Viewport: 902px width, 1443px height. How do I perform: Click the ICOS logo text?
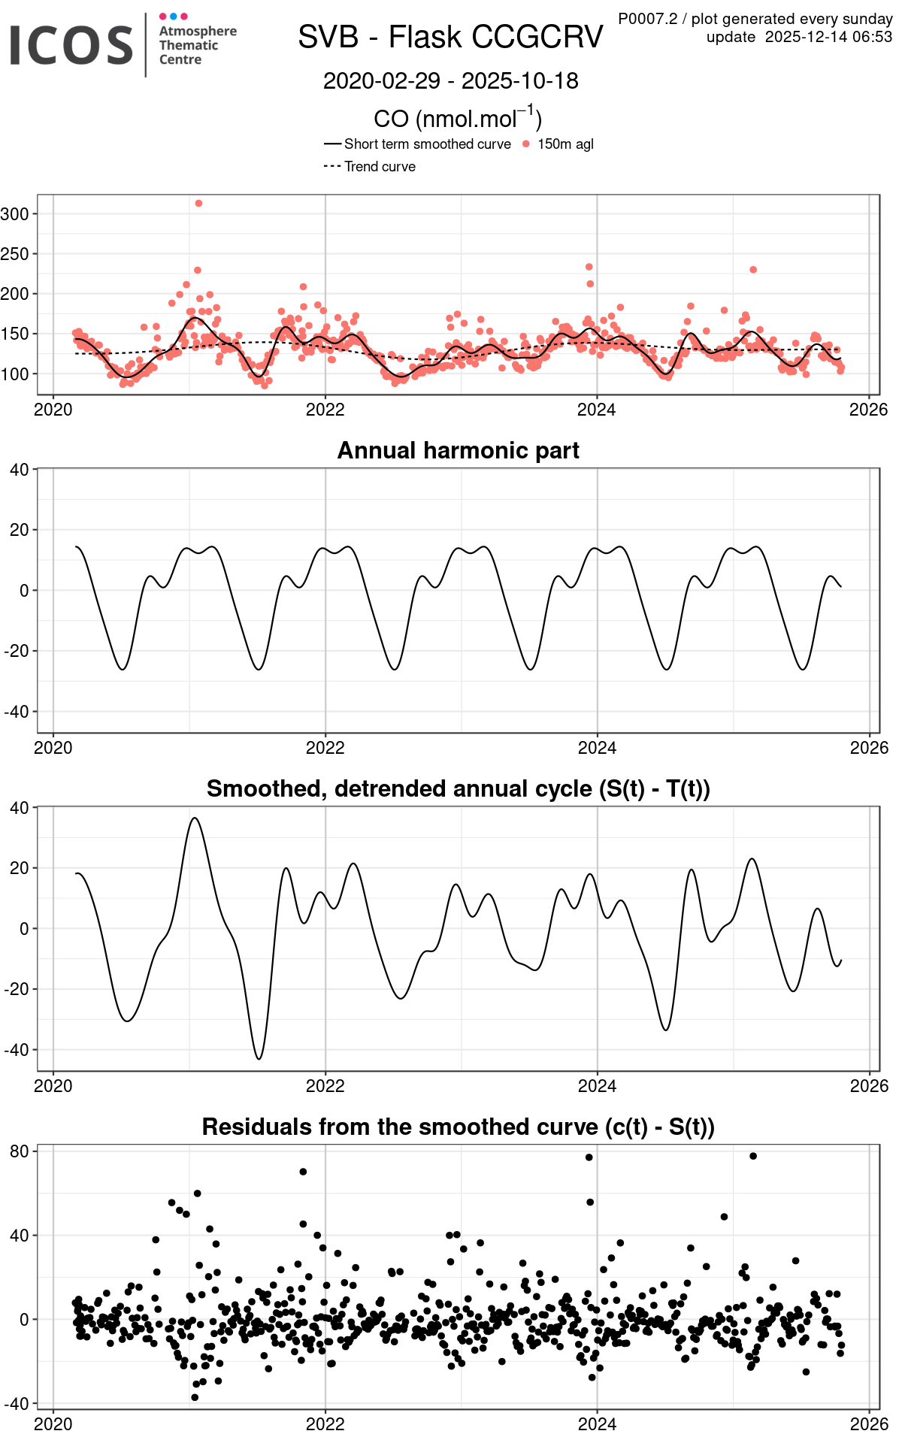71,45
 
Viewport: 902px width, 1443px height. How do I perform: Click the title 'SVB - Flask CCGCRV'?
450,37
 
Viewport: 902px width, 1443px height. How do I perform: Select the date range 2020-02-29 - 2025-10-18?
450,81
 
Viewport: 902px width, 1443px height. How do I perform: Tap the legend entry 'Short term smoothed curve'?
427,144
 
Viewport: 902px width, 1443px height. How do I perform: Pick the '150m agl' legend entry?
565,144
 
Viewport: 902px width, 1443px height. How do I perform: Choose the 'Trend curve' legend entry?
380,167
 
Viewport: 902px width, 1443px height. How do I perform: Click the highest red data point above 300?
198,204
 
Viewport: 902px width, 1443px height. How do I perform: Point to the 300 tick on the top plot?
15,214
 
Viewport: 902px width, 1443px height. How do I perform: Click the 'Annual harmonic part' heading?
458,450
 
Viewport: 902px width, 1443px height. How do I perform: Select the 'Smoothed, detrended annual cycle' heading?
458,788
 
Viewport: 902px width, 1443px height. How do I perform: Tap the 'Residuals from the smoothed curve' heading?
458,1127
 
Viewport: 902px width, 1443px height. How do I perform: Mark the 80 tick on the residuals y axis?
20,1151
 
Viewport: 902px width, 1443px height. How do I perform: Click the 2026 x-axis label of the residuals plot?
869,1423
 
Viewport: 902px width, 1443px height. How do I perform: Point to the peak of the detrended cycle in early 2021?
195,818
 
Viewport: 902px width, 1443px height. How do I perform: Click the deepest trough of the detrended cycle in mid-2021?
259,1058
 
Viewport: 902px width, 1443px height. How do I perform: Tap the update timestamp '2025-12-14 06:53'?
828,37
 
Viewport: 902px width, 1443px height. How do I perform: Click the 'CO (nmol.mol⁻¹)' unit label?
458,118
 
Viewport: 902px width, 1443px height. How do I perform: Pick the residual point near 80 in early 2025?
753,1156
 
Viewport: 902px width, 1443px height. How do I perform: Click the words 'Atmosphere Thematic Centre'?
197,45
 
